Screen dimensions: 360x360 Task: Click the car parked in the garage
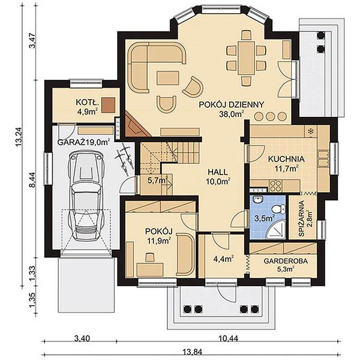[x=86, y=195]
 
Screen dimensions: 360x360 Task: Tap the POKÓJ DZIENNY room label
[x=231, y=105]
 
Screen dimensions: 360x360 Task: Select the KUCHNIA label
[x=286, y=159]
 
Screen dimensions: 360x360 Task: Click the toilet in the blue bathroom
[x=278, y=209]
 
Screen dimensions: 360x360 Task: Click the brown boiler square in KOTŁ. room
[x=109, y=105]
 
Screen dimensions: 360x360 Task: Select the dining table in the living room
[x=246, y=58]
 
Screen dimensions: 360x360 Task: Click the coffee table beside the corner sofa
[x=168, y=78]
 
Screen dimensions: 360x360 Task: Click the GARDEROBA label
[x=286, y=261]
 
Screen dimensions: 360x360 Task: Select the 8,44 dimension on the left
[x=33, y=180]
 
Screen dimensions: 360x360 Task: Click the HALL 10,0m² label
[x=218, y=176]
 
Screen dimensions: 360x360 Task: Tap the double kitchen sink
[x=323, y=158]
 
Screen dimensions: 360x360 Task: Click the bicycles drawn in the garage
[x=124, y=158]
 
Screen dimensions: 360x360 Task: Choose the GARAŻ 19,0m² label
[x=83, y=142]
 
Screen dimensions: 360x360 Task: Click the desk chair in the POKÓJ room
[x=150, y=257]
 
